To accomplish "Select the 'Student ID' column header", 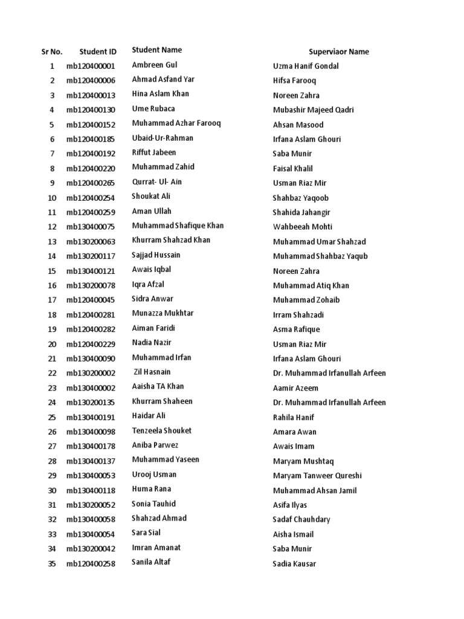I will coord(98,51).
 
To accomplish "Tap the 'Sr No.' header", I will coord(52,51).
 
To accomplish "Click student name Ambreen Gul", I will coord(155,65).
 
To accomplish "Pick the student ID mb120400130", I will coord(91,110).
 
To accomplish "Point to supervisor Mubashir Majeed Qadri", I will coord(313,110).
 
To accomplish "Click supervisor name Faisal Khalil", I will coord(292,169).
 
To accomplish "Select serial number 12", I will coord(52,227).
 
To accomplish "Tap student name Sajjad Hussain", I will coord(156,255).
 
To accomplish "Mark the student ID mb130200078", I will coord(91,285).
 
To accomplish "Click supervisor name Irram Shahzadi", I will coord(298,315).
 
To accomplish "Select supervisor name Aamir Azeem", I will coord(295,388).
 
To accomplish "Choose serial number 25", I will coord(52,417).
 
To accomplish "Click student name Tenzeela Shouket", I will coord(161,430).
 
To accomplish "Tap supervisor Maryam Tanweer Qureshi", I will coord(317,476).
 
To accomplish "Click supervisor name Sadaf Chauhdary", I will coord(301,519).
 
